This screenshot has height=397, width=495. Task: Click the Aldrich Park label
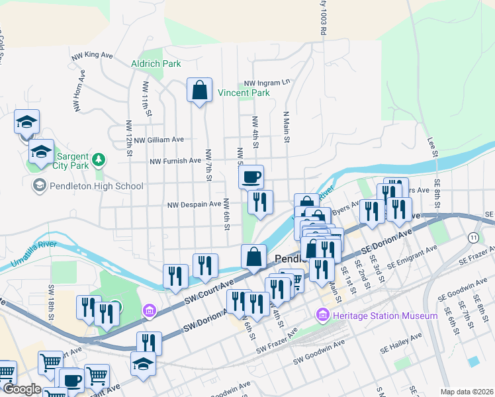coord(156,64)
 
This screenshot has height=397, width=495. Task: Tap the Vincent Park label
coord(244,93)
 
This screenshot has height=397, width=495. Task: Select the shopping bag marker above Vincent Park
coord(199,90)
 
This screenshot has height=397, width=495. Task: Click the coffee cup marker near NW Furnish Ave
coord(251,177)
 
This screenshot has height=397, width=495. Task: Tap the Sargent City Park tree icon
coord(99,159)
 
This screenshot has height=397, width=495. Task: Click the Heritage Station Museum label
coord(386,316)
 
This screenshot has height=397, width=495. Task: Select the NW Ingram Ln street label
coord(267,83)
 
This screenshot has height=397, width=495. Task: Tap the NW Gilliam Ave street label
coord(158,140)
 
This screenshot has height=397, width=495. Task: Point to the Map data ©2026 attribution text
coord(467,392)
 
